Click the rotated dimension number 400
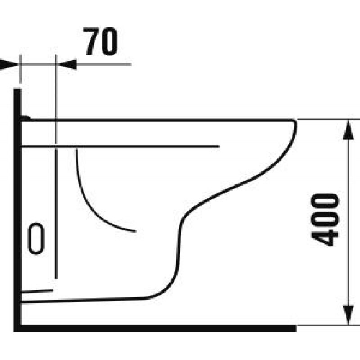(x=325, y=219)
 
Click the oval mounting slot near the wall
(x=36, y=238)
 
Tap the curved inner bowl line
(x=90, y=198)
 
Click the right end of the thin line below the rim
(x=218, y=146)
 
